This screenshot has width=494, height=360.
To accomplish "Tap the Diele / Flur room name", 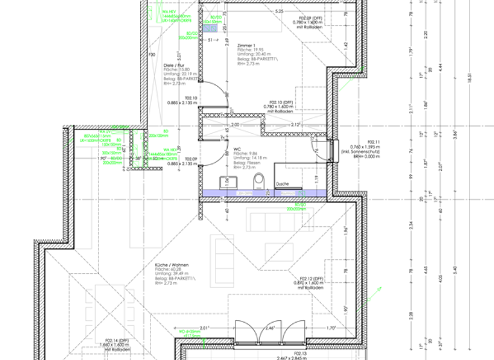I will click(x=175, y=66).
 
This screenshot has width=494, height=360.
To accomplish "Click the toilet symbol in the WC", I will click(x=259, y=181).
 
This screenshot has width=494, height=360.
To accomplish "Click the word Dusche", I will click(x=282, y=184).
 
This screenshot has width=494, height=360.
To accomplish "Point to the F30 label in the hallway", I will click(x=152, y=55).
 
